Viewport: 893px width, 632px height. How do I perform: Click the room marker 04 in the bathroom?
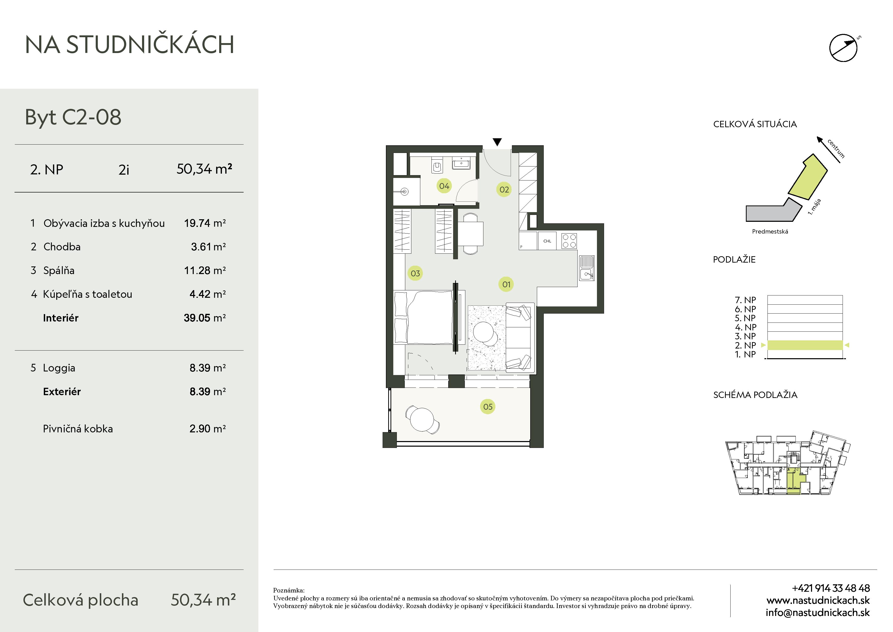pos(444,186)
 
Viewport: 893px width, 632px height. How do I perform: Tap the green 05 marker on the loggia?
pos(488,407)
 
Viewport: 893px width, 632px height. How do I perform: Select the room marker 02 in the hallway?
pos(504,190)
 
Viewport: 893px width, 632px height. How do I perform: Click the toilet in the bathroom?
pos(437,165)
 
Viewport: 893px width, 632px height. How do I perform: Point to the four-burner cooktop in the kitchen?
pos(569,241)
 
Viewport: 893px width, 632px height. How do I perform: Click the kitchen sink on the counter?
pos(587,268)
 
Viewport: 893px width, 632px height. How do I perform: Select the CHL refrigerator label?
pos(547,241)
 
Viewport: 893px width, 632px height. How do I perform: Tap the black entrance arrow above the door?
pos(497,142)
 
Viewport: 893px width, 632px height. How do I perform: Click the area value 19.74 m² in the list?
pos(205,223)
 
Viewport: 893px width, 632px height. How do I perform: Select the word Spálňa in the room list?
pos(59,270)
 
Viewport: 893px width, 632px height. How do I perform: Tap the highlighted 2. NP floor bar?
pos(805,345)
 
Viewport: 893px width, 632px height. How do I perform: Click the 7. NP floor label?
pos(745,300)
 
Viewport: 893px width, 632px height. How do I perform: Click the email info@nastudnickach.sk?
pos(818,613)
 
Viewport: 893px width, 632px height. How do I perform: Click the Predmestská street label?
pos(770,231)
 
